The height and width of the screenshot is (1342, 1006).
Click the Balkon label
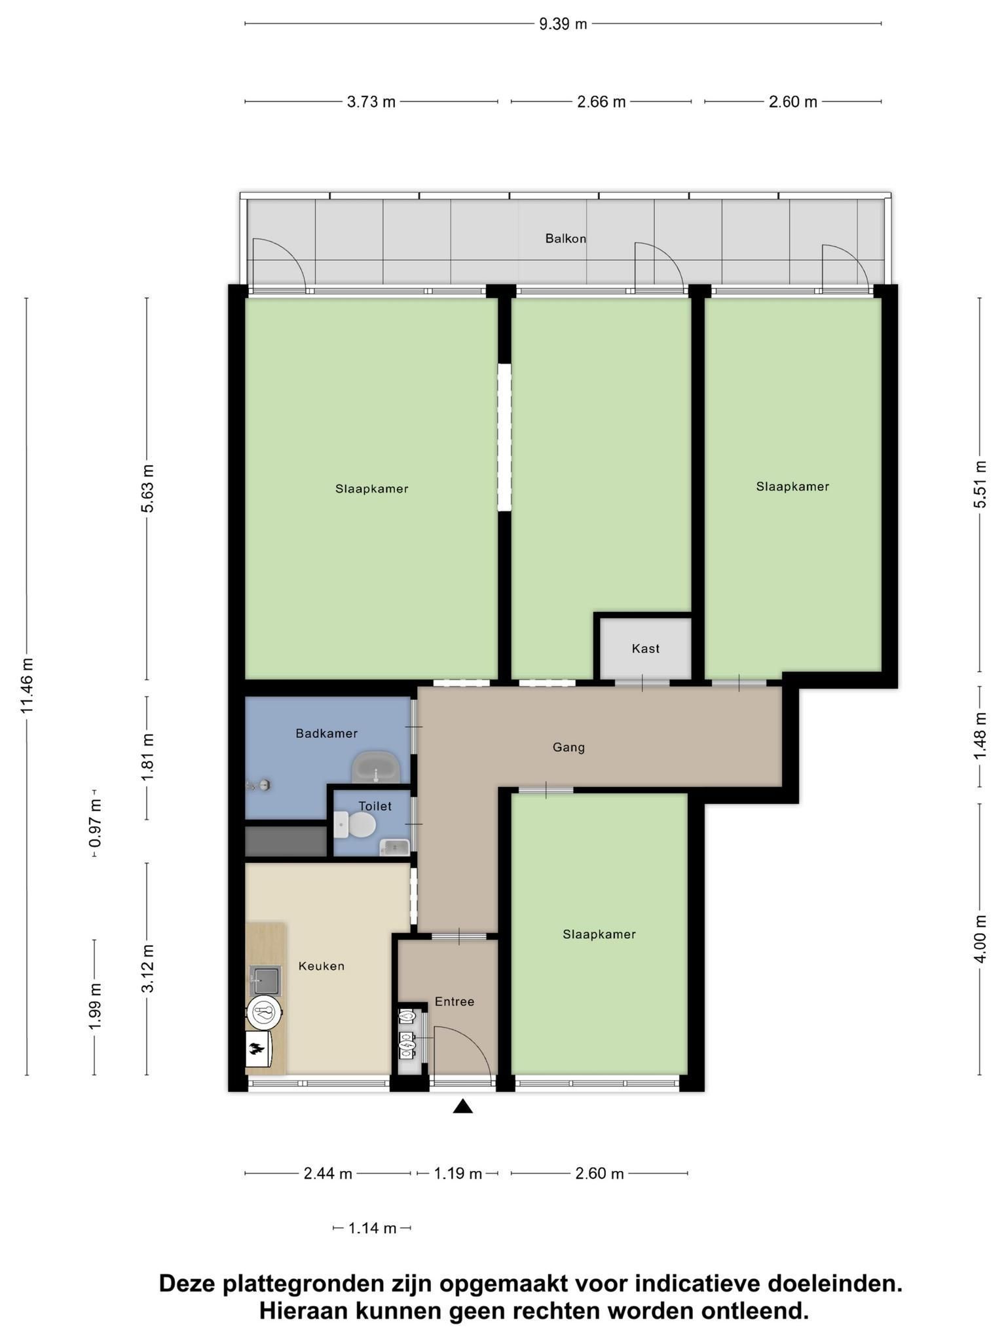pos(565,239)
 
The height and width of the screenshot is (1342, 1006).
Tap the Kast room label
pos(645,649)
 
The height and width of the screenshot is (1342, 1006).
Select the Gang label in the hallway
pos(568,747)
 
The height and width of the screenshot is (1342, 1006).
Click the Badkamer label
pos(326,733)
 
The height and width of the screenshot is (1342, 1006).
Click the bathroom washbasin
pos(376,767)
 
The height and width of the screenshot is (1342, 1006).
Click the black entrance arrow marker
pos(463,1107)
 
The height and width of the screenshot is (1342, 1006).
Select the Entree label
pos(455,1002)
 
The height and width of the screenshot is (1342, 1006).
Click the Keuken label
pos(321,966)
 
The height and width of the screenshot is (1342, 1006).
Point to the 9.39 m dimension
pos(563,24)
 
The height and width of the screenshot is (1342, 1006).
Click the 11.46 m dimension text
pos(27,685)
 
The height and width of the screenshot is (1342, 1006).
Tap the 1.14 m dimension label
pos(372,1228)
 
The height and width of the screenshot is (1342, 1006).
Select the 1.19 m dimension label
pos(458,1174)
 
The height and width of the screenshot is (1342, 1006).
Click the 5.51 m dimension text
pos(980,484)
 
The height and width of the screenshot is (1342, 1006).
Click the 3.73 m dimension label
pos(371,102)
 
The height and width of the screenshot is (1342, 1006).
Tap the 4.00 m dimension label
pos(980,938)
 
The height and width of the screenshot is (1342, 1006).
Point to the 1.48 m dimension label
pos(980,736)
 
